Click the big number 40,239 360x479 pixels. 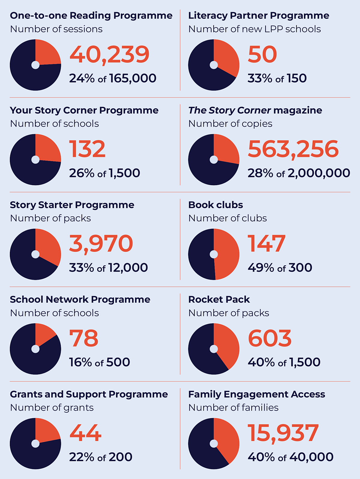[x=109, y=55]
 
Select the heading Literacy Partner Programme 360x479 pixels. [x=259, y=16]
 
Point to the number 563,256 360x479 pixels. [x=293, y=149]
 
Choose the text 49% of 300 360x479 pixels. [x=280, y=267]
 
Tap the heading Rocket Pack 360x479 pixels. [x=219, y=299]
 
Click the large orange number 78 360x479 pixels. [x=84, y=338]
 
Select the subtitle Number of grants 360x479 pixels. [x=52, y=408]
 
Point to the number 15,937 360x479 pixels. [x=283, y=433]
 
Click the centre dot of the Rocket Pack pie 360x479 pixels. [x=214, y=349]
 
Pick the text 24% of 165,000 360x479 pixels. [x=112, y=78]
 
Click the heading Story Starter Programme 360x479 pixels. [x=72, y=205]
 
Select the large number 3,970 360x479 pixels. [x=101, y=244]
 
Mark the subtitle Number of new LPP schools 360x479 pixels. [x=254, y=29]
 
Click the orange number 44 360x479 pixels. [x=85, y=433]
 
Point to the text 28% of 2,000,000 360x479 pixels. [x=298, y=173]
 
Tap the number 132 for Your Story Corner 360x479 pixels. [x=87, y=149]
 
